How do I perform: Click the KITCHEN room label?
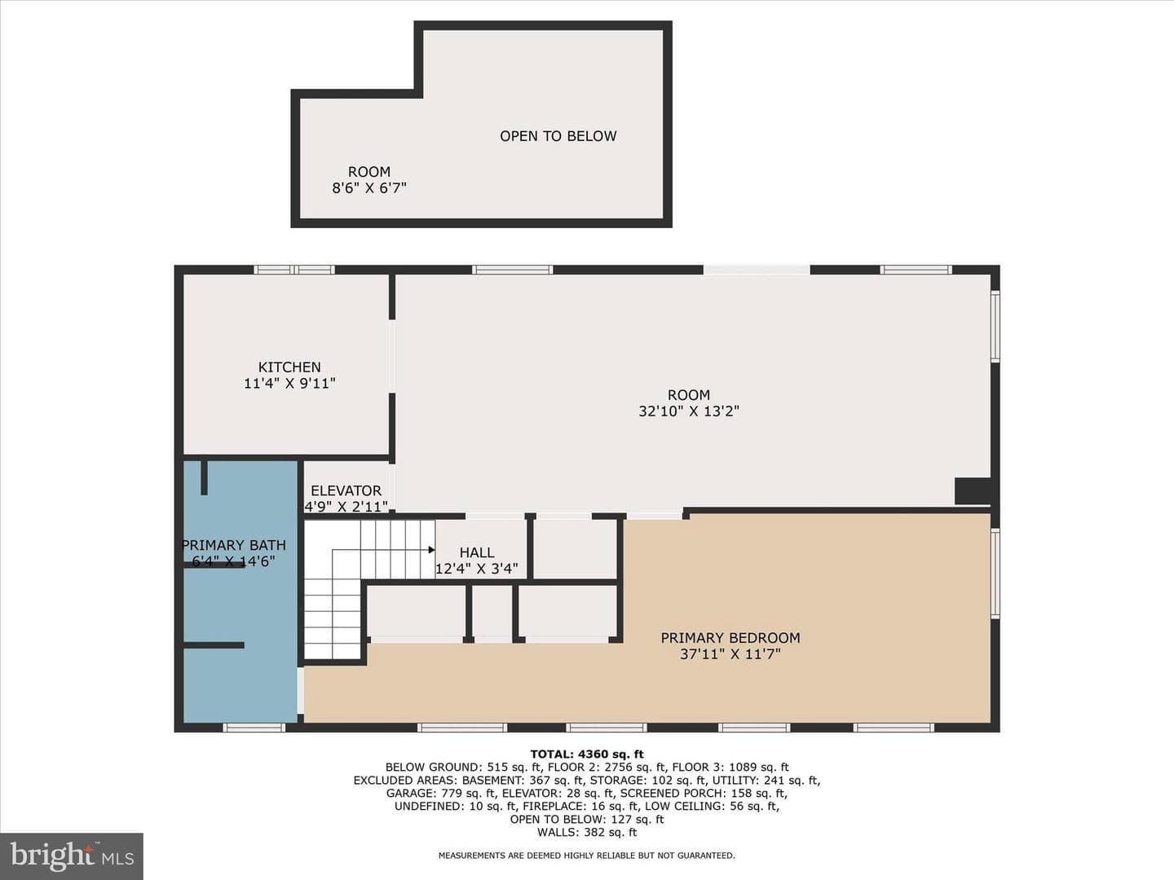pos(289,367)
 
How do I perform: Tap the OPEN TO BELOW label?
pos(558,136)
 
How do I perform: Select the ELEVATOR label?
pos(346,491)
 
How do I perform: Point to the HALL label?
pos(477,552)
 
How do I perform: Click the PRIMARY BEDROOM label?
pos(730,638)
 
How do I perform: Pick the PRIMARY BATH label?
pos(234,545)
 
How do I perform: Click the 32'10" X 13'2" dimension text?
pos(689,411)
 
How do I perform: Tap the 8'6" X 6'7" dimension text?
pos(369,188)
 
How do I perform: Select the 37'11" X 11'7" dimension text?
pos(730,654)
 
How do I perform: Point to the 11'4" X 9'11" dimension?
pos(289,383)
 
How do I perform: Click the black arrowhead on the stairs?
pos(431,550)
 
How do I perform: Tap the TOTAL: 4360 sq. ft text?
pos(587,754)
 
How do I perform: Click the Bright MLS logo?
pos(72,856)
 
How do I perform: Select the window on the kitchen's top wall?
pos(293,270)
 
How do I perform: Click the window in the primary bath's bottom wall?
pos(254,727)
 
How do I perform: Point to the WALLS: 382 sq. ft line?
pos(587,832)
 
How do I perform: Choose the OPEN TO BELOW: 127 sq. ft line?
pos(587,819)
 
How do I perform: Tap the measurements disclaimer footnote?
pos(587,856)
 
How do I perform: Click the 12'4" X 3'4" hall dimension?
pos(477,569)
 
